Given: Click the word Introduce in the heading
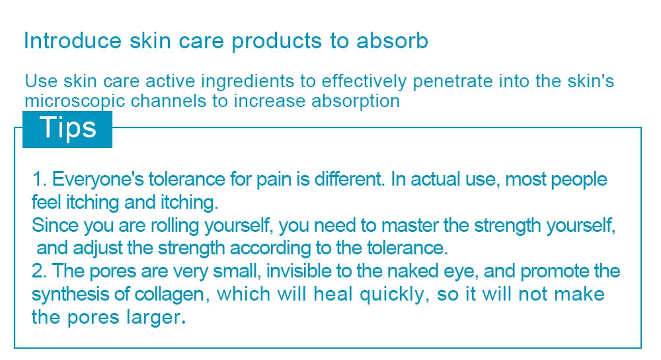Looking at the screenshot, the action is coord(73,41).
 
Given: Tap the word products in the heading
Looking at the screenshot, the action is coord(276,42).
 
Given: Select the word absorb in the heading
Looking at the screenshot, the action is coord(393,41).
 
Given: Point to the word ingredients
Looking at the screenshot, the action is coord(247,82).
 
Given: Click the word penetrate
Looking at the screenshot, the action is coord(453,82).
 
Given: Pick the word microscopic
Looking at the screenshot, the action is coord(75,102).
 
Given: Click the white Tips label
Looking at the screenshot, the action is coord(68,127).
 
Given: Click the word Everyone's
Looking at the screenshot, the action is coord(98,180).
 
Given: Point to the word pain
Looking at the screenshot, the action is coord(274,180).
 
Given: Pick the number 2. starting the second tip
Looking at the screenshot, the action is coord(40,271).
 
